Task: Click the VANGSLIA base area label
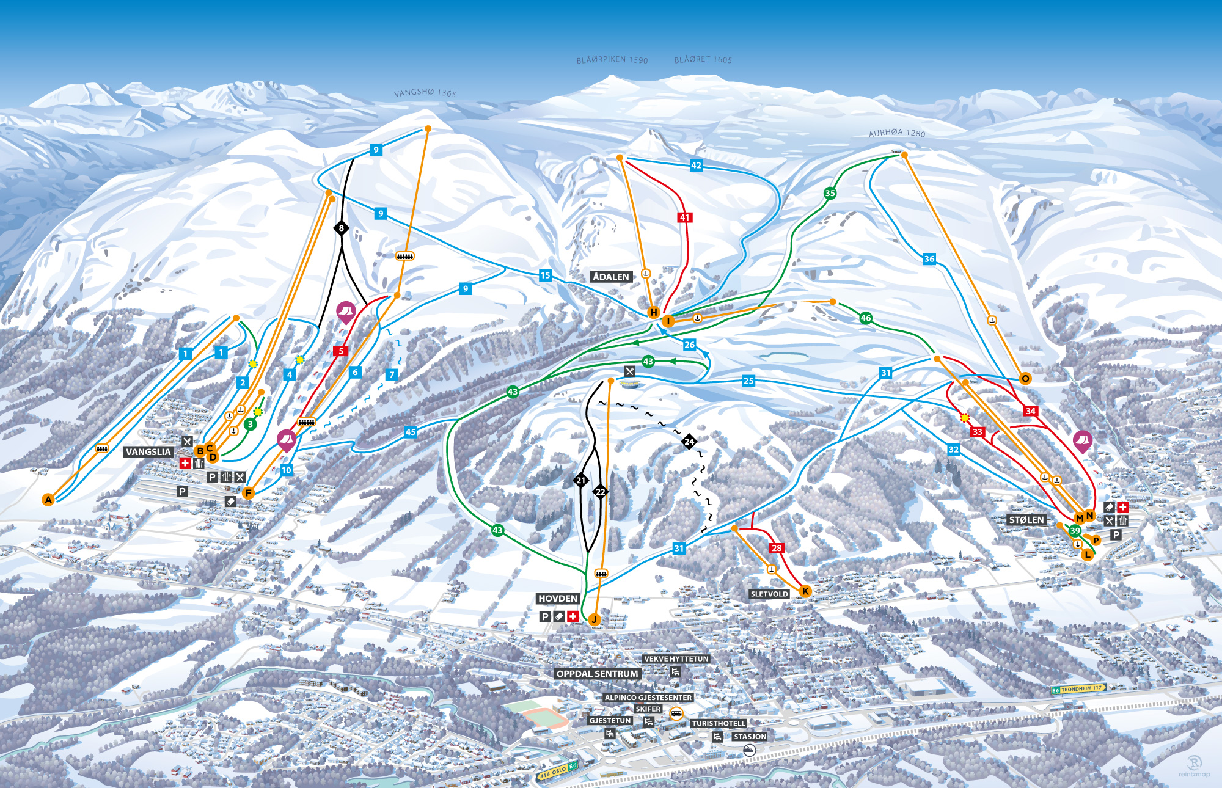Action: (x=148, y=452)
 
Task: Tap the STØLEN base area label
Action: (x=1026, y=520)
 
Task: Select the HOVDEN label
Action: (x=558, y=599)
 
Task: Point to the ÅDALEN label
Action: (x=610, y=277)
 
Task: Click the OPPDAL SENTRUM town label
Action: (x=597, y=674)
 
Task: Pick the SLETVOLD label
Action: (x=769, y=594)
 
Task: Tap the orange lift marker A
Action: (x=48, y=500)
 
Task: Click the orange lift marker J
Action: (x=594, y=620)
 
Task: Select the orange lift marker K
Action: (x=805, y=591)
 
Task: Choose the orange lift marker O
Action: (x=1025, y=379)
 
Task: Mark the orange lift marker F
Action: (x=248, y=493)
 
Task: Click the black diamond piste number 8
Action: (x=342, y=228)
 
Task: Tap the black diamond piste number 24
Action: (x=689, y=441)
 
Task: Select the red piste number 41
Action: (x=684, y=217)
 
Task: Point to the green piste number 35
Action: (x=830, y=193)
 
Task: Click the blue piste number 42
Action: (x=696, y=166)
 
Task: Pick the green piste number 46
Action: (x=865, y=318)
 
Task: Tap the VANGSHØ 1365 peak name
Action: (x=425, y=93)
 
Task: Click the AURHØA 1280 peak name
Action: (x=897, y=133)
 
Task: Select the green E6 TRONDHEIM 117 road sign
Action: (x=1078, y=689)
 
